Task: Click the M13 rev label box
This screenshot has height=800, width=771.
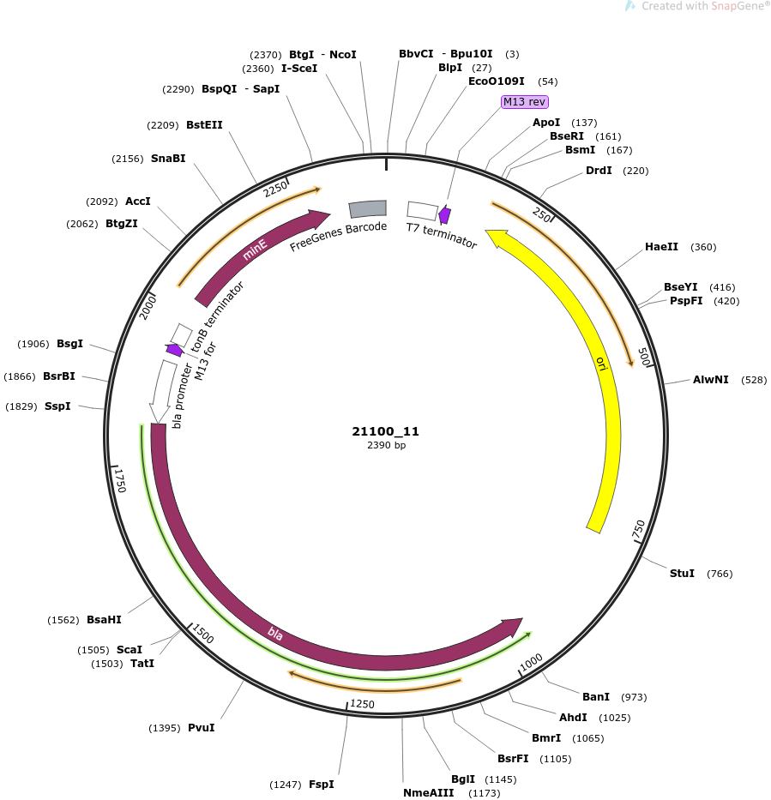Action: (525, 102)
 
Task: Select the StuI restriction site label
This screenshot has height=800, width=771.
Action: (682, 574)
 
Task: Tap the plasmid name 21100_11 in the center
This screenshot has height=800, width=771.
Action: (385, 431)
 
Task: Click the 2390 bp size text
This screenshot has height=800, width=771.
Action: (386, 445)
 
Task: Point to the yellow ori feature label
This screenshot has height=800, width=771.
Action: (602, 364)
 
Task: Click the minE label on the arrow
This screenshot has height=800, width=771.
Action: (255, 250)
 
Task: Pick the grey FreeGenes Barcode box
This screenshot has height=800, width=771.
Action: (367, 208)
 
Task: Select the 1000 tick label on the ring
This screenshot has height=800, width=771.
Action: (531, 663)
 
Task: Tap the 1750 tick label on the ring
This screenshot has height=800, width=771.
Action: (120, 481)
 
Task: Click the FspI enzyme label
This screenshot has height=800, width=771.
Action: (322, 785)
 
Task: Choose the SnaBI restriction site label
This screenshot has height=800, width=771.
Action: (168, 159)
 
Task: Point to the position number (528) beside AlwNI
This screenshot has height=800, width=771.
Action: (754, 380)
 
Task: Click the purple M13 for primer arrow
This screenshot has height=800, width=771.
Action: (174, 350)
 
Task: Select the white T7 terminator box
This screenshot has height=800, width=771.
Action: (422, 211)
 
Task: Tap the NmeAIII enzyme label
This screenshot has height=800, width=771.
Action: (428, 793)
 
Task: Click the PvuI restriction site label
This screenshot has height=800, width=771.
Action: (201, 728)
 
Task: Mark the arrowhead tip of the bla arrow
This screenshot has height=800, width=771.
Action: (523, 619)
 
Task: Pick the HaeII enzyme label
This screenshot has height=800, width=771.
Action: (661, 247)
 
